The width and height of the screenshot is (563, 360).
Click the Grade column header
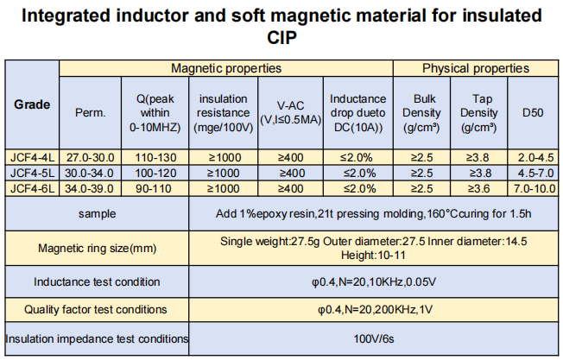31,104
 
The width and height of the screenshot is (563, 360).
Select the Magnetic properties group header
226,68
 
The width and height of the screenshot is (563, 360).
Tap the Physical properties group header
475,68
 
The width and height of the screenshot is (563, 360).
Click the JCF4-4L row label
32,157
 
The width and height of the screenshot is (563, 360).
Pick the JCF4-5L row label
32,173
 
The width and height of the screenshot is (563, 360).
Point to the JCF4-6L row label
32,188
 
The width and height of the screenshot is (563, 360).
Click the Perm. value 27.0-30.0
91,157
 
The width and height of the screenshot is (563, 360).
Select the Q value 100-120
155,173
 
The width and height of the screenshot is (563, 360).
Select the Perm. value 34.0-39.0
91,188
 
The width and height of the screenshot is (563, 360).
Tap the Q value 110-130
155,157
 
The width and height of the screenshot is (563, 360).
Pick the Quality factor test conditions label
96,309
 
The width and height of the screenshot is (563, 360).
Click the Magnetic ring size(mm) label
96,249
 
